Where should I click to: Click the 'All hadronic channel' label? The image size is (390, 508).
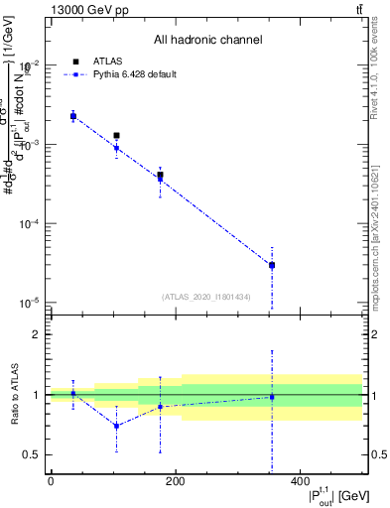click(x=207, y=40)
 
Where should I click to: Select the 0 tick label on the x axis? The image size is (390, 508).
click(x=51, y=482)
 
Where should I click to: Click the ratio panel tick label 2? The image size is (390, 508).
click(x=36, y=334)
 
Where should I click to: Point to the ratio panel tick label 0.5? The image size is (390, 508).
click(x=33, y=454)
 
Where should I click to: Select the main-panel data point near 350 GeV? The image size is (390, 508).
click(x=272, y=265)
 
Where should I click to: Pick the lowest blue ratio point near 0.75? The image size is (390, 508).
click(x=116, y=426)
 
